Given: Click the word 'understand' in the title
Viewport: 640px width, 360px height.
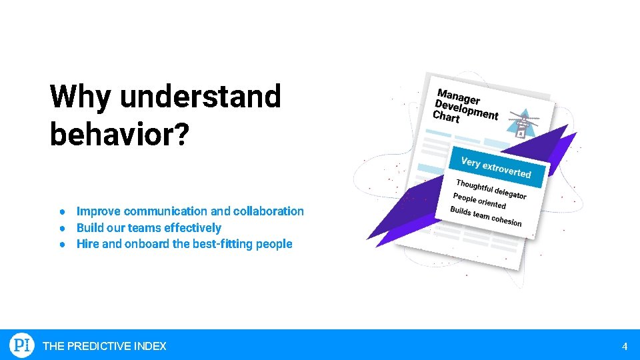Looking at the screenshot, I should tap(200, 97).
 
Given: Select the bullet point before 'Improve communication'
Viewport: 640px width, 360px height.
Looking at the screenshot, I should tap(61, 211).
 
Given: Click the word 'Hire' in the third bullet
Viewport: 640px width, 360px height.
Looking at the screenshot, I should tap(87, 244).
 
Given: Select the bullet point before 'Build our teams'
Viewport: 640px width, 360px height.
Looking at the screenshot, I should tap(61, 228).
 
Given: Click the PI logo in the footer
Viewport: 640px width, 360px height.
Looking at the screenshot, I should tap(21, 345).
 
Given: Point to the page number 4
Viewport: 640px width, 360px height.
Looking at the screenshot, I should tap(624, 346).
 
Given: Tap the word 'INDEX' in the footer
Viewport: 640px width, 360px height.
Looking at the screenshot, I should tap(150, 346).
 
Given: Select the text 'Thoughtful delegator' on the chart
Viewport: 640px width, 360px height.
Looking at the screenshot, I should tap(491, 189).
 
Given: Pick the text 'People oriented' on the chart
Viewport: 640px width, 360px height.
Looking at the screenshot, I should tap(479, 201).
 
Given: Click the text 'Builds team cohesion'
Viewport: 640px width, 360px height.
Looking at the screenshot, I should tap(485, 216).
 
